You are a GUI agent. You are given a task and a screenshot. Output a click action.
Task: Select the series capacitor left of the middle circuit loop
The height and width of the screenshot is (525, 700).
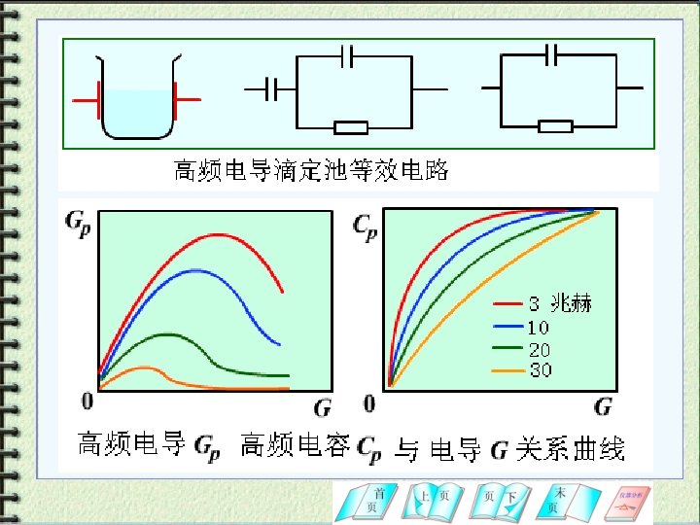pyautogui.click(x=274, y=90)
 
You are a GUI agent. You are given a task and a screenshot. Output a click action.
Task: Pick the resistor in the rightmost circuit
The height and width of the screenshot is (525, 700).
pyautogui.click(x=555, y=126)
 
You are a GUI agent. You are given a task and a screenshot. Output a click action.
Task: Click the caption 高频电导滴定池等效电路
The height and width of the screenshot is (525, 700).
pyautogui.click(x=311, y=170)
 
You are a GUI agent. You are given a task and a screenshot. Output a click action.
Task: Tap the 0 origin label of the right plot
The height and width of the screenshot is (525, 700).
pyautogui.click(x=369, y=402)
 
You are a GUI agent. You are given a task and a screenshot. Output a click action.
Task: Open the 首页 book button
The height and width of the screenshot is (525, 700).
pyautogui.click(x=372, y=501)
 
